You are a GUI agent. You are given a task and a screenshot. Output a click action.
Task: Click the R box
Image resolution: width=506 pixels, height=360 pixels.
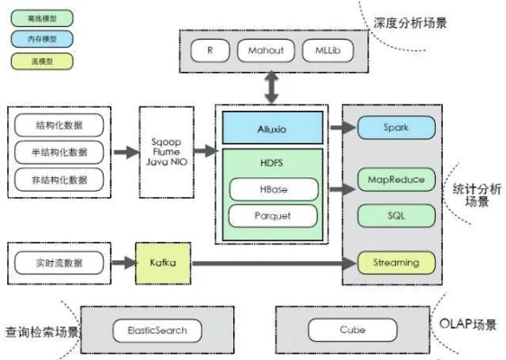[x=210, y=50]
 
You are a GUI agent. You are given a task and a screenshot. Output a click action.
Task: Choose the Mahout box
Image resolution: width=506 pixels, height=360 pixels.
[x=266, y=50]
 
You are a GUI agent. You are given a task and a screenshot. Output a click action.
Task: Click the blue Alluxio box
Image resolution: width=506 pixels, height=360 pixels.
[x=273, y=128]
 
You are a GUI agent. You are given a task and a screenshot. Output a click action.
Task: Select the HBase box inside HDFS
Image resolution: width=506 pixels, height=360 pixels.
[x=273, y=189]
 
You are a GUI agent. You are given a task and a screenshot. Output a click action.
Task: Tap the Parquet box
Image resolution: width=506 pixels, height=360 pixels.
[x=273, y=216]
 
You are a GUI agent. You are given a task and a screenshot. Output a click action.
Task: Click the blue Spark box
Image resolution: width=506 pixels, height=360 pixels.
[x=395, y=128]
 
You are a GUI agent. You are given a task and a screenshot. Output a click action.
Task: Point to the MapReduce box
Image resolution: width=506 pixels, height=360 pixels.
[x=395, y=178]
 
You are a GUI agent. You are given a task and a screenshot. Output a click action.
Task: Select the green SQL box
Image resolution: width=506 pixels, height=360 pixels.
[x=395, y=216]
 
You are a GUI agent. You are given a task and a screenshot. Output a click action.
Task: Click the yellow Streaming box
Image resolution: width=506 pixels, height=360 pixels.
[x=395, y=263]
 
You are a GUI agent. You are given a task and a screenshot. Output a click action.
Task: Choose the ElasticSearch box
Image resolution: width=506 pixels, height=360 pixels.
[x=151, y=330]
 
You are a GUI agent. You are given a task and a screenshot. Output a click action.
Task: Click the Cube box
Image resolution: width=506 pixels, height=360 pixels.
[x=352, y=330]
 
